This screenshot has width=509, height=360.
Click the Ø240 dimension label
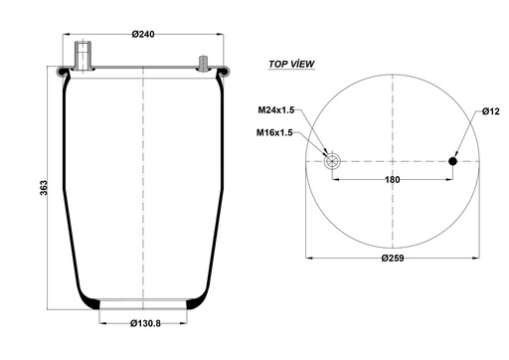tap(143, 34)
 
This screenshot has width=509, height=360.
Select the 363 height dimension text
tap(44, 188)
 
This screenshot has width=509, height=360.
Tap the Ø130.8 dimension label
tap(145, 323)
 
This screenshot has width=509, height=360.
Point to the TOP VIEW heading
tap(291, 64)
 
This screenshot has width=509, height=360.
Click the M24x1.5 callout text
tap(276, 110)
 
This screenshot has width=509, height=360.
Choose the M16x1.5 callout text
tap(274, 133)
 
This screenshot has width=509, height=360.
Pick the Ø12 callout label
tap(491, 111)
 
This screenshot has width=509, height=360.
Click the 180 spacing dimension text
tap(393, 180)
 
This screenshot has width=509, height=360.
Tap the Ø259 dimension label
tap(393, 258)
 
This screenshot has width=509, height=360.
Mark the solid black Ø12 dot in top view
tap(452, 161)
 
